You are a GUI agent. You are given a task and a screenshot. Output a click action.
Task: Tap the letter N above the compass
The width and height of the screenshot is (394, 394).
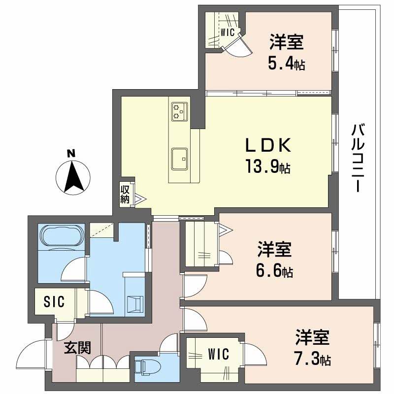point(71,153)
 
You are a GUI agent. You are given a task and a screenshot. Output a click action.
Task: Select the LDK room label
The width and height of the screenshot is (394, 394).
point(269,146)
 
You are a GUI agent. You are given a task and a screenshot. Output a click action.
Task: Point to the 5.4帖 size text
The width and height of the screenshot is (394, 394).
point(286,63)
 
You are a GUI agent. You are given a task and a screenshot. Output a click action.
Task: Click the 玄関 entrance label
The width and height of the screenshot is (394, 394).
point(78,348)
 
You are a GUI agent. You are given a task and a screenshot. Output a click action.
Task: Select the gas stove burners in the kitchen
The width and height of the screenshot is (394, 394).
point(178,111)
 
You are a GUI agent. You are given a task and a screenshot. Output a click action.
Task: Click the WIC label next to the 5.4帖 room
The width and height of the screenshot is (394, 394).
point(227,33)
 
